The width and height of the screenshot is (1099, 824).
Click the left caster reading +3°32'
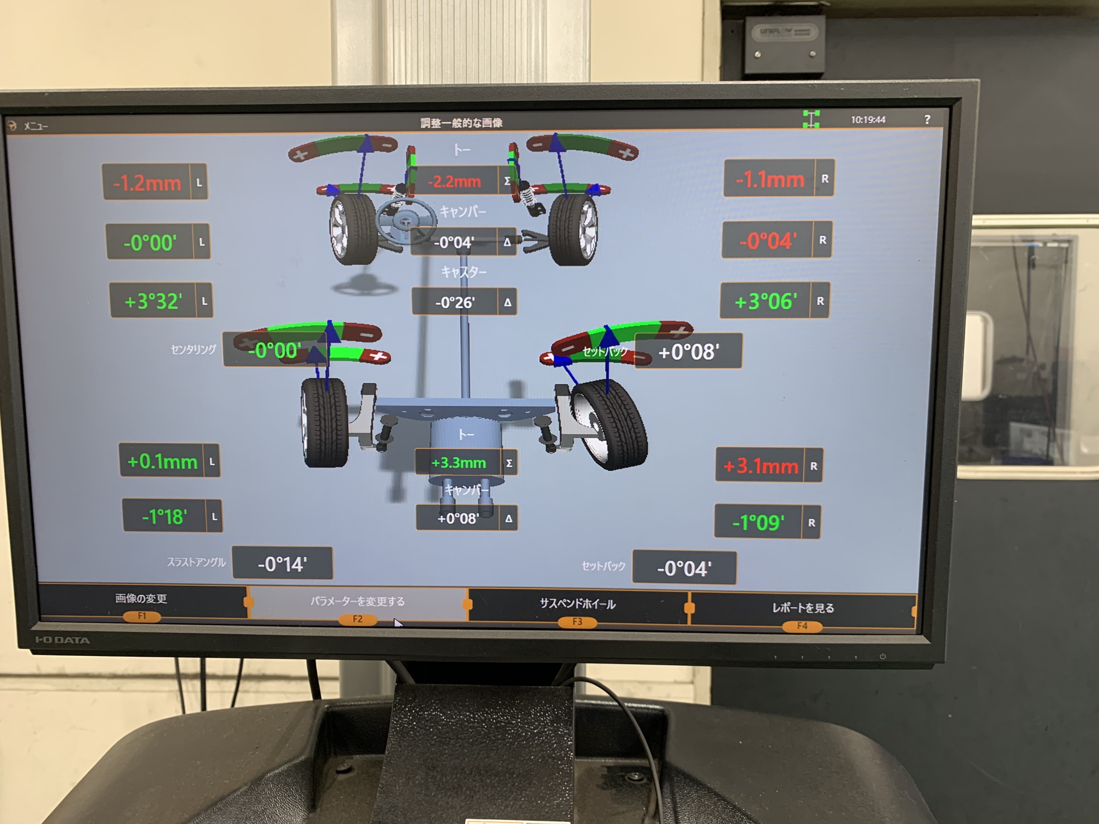pos(153,301)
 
